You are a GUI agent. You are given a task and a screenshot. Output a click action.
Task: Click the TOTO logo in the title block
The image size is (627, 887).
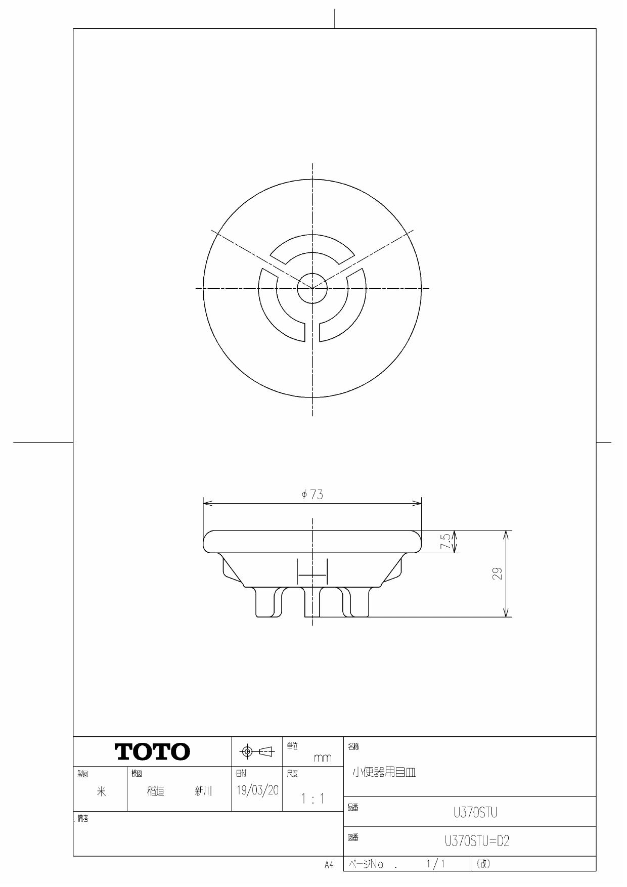[x=153, y=751]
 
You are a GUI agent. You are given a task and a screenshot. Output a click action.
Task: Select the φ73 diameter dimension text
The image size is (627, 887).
[x=312, y=495]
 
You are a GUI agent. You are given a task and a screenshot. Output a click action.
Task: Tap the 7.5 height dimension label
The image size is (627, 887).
[x=445, y=542]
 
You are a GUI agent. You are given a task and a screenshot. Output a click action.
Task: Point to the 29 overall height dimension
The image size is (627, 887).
[x=498, y=573]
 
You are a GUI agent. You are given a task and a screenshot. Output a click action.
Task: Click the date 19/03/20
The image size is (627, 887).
[x=257, y=790]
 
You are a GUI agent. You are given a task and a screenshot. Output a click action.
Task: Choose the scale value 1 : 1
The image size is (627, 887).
[x=312, y=799]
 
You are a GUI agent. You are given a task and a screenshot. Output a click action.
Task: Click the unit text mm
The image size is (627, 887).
[x=322, y=758]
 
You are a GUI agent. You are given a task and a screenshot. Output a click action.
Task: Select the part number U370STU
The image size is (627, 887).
[x=475, y=813]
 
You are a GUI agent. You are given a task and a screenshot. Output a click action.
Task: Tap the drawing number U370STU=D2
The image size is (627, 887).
[x=477, y=841]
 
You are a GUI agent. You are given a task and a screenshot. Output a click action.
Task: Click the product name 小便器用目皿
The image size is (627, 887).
[x=383, y=772]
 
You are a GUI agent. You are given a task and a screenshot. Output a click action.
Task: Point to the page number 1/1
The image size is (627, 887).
[x=435, y=864]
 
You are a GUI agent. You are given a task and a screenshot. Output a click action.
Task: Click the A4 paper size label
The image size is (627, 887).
[x=329, y=865]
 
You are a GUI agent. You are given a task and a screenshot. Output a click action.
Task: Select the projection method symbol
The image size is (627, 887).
[x=257, y=752]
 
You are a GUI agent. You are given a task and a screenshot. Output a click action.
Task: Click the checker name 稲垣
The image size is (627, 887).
[x=156, y=791]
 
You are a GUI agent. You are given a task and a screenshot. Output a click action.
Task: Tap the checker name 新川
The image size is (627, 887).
[x=204, y=791]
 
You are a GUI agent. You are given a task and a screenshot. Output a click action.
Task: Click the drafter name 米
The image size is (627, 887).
[x=101, y=792]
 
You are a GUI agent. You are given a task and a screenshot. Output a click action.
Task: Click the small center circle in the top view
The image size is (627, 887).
[x=312, y=288]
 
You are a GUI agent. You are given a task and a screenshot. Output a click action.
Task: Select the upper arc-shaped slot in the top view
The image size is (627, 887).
[x=312, y=245]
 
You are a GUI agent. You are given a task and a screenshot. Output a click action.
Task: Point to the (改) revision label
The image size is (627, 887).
[x=483, y=864]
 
